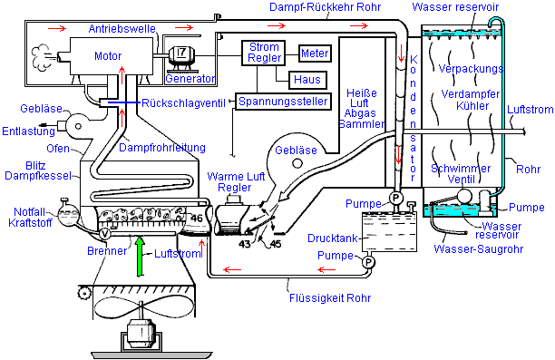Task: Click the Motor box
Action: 112,56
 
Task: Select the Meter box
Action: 315,54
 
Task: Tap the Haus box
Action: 307,80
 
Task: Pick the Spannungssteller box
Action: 283,102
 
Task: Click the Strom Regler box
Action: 263,53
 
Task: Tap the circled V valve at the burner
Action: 104,234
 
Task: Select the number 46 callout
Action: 197,218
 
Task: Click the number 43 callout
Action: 245,244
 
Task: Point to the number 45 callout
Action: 276,244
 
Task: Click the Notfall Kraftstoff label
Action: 30,218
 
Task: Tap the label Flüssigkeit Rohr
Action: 330,297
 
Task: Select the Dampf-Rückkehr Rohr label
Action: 325,6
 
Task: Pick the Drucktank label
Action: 332,238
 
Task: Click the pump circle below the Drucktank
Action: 368,262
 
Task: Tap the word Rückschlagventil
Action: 183,103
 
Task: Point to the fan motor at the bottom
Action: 141,333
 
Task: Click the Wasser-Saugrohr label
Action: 478,249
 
